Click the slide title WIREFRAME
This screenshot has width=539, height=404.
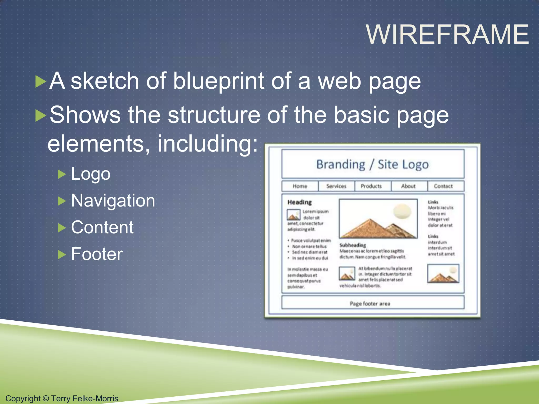coord(447,34)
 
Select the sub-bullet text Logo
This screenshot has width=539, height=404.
coord(91,174)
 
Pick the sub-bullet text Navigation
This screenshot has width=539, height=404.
coord(113,201)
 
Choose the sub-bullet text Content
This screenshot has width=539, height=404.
coord(102,228)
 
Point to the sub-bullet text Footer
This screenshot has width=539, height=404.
coord(97,254)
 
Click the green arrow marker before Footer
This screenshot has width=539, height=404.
coord(62,254)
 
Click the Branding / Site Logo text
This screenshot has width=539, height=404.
coord(372,165)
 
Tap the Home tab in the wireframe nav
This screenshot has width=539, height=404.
coord(300,186)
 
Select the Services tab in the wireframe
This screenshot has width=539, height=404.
coord(336,186)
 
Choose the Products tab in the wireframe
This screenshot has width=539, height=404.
coord(371,186)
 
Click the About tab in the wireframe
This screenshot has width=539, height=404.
coord(408,186)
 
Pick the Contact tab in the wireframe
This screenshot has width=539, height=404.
coord(443,186)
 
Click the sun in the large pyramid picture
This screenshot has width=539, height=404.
coord(402,211)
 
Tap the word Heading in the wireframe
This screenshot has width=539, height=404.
coord(300,202)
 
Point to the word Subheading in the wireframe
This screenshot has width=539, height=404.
coord(353,245)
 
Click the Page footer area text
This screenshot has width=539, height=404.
coord(370,304)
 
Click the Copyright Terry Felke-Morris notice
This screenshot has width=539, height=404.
coord(62,398)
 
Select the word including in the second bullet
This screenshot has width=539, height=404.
coord(207,144)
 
